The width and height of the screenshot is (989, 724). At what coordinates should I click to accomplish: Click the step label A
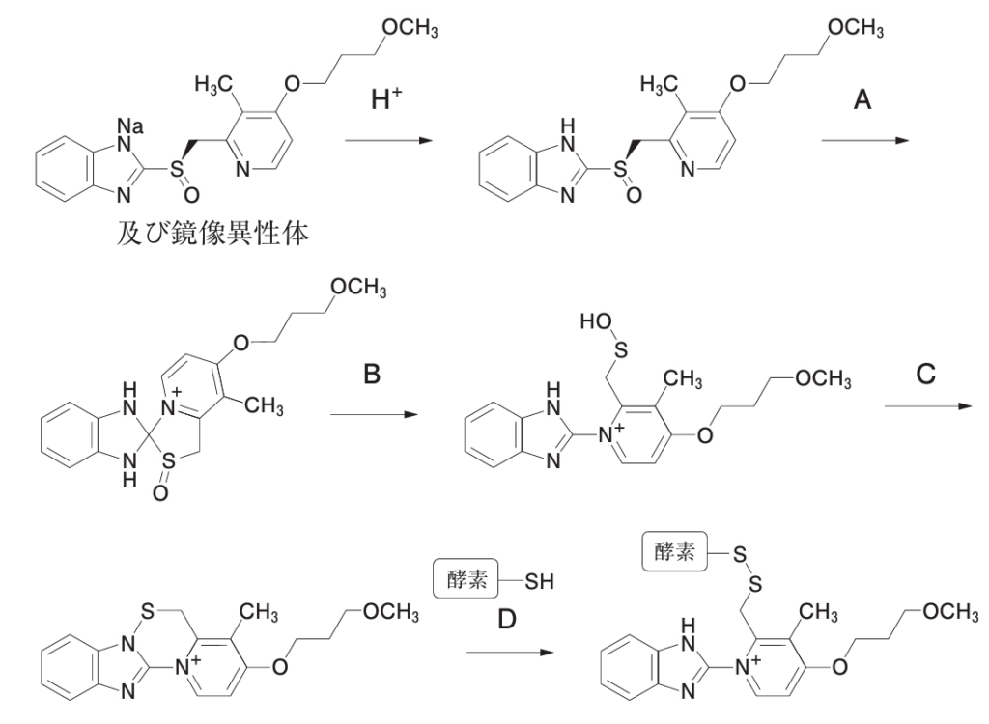pyautogui.click(x=862, y=99)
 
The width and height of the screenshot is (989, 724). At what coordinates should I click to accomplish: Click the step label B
pyautogui.click(x=372, y=375)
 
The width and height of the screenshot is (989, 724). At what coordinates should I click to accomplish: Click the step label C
pyautogui.click(x=925, y=375)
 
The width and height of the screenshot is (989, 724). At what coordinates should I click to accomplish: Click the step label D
pyautogui.click(x=507, y=620)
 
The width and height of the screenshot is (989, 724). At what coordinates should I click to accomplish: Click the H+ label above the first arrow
pyautogui.click(x=386, y=99)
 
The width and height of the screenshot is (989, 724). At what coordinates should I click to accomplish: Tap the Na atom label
pyautogui.click(x=130, y=126)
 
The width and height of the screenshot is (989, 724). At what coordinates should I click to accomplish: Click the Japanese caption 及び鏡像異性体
pyautogui.click(x=212, y=234)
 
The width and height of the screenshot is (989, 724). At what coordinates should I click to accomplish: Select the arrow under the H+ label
pyautogui.click(x=389, y=140)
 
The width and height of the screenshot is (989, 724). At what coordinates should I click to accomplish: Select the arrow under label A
pyautogui.click(x=864, y=140)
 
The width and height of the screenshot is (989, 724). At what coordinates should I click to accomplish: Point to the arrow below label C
pyautogui.click(x=928, y=406)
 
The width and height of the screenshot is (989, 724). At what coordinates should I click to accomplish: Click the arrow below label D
pyautogui.click(x=510, y=653)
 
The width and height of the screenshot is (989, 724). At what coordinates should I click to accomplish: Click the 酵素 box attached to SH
pyautogui.click(x=466, y=579)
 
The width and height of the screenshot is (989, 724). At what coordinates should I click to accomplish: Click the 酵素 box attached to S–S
pyautogui.click(x=675, y=552)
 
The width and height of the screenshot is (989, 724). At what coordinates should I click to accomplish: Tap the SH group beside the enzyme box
pyautogui.click(x=539, y=581)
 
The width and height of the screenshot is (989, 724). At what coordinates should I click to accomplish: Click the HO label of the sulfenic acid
pyautogui.click(x=596, y=322)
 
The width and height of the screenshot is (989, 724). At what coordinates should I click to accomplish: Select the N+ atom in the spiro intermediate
pyautogui.click(x=170, y=408)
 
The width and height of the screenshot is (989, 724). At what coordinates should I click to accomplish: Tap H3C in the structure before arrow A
pyautogui.click(x=659, y=84)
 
